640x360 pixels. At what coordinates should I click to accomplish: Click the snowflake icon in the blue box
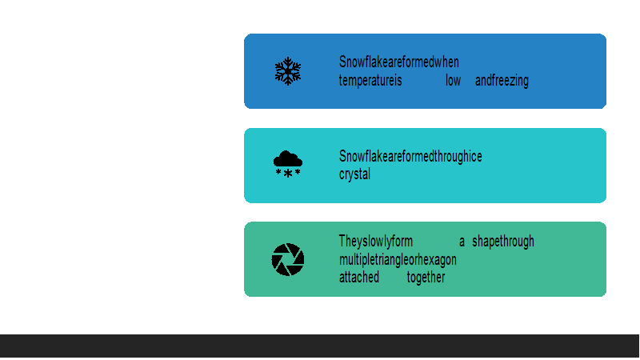pos(288,71)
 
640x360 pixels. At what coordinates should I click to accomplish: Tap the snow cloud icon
pos(288,164)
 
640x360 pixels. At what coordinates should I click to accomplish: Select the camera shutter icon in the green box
pos(288,259)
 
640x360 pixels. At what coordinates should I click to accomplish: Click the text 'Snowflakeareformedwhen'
pos(398,62)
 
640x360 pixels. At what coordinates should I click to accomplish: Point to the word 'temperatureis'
pos(370,81)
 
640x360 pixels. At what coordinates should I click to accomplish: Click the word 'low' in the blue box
pos(453,81)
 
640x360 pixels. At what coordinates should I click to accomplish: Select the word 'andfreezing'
pos(502,81)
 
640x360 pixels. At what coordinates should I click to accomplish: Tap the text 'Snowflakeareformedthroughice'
pos(410,156)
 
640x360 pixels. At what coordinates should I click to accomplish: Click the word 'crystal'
pos(354,174)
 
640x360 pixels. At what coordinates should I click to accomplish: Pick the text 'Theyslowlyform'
pos(376,242)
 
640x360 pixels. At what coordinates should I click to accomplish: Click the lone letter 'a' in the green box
pos(462,242)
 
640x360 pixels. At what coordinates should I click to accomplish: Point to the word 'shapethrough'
pos(503,242)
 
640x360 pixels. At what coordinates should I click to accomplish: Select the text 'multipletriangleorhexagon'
pos(398,259)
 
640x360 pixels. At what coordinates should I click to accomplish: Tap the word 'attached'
pos(359,277)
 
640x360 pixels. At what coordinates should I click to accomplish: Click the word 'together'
pos(426,278)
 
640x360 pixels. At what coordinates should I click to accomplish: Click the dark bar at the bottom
pos(319,346)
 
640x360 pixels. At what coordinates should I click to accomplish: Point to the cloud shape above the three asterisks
pos(288,158)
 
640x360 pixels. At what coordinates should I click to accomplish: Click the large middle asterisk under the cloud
pos(288,174)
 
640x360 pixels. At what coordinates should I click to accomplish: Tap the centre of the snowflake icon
pos(288,71)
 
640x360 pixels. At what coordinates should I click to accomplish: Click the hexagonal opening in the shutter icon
pos(288,259)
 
